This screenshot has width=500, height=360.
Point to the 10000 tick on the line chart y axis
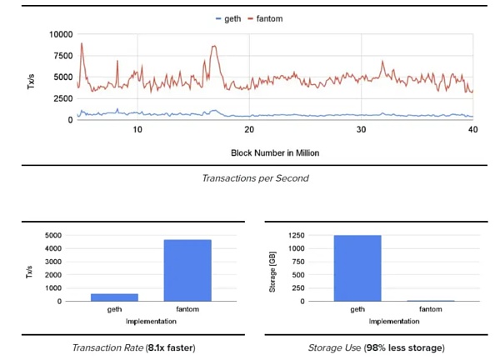point(62,35)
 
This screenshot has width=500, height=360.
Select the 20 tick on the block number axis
point(249,130)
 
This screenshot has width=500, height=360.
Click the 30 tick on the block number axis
point(361,130)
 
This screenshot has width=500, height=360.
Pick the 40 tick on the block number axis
point(472,130)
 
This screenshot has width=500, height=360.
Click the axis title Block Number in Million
point(275,153)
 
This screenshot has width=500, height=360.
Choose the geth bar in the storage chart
point(357,267)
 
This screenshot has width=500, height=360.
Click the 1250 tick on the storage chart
point(302,236)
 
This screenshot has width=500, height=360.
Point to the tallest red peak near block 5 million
point(82,43)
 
